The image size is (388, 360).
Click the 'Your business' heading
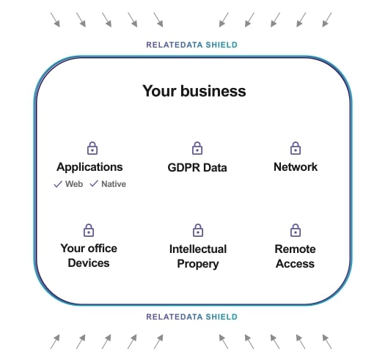point(194,91)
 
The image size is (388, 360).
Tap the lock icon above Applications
point(92,148)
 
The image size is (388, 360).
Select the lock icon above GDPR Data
point(197,148)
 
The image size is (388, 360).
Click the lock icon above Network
point(296,148)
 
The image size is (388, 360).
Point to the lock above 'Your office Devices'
point(89,230)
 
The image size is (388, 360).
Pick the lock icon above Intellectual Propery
point(198,230)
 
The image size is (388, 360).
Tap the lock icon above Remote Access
point(296,230)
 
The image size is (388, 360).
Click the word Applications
point(89,167)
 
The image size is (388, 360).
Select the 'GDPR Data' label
point(197,167)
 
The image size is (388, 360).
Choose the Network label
point(296,167)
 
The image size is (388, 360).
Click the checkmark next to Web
point(58,184)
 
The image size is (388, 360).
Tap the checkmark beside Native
point(94,183)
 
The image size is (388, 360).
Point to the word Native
point(114,184)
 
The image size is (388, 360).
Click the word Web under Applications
point(74,184)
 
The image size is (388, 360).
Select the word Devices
point(89,263)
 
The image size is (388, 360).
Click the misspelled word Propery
point(198,264)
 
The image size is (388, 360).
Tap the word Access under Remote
point(295,264)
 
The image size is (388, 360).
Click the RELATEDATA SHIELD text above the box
point(191,45)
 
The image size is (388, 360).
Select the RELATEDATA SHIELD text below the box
point(191,317)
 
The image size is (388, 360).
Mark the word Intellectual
point(198,249)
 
